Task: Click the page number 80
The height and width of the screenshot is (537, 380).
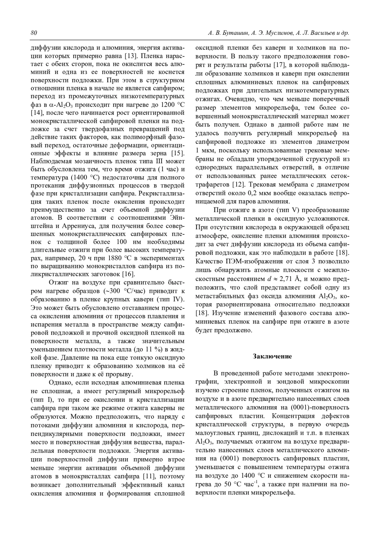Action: coord(34,33)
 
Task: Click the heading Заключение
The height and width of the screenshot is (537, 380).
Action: coord(272,356)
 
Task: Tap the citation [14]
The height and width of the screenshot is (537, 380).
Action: coord(36,113)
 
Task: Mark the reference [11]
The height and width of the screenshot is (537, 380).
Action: coord(150,476)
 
